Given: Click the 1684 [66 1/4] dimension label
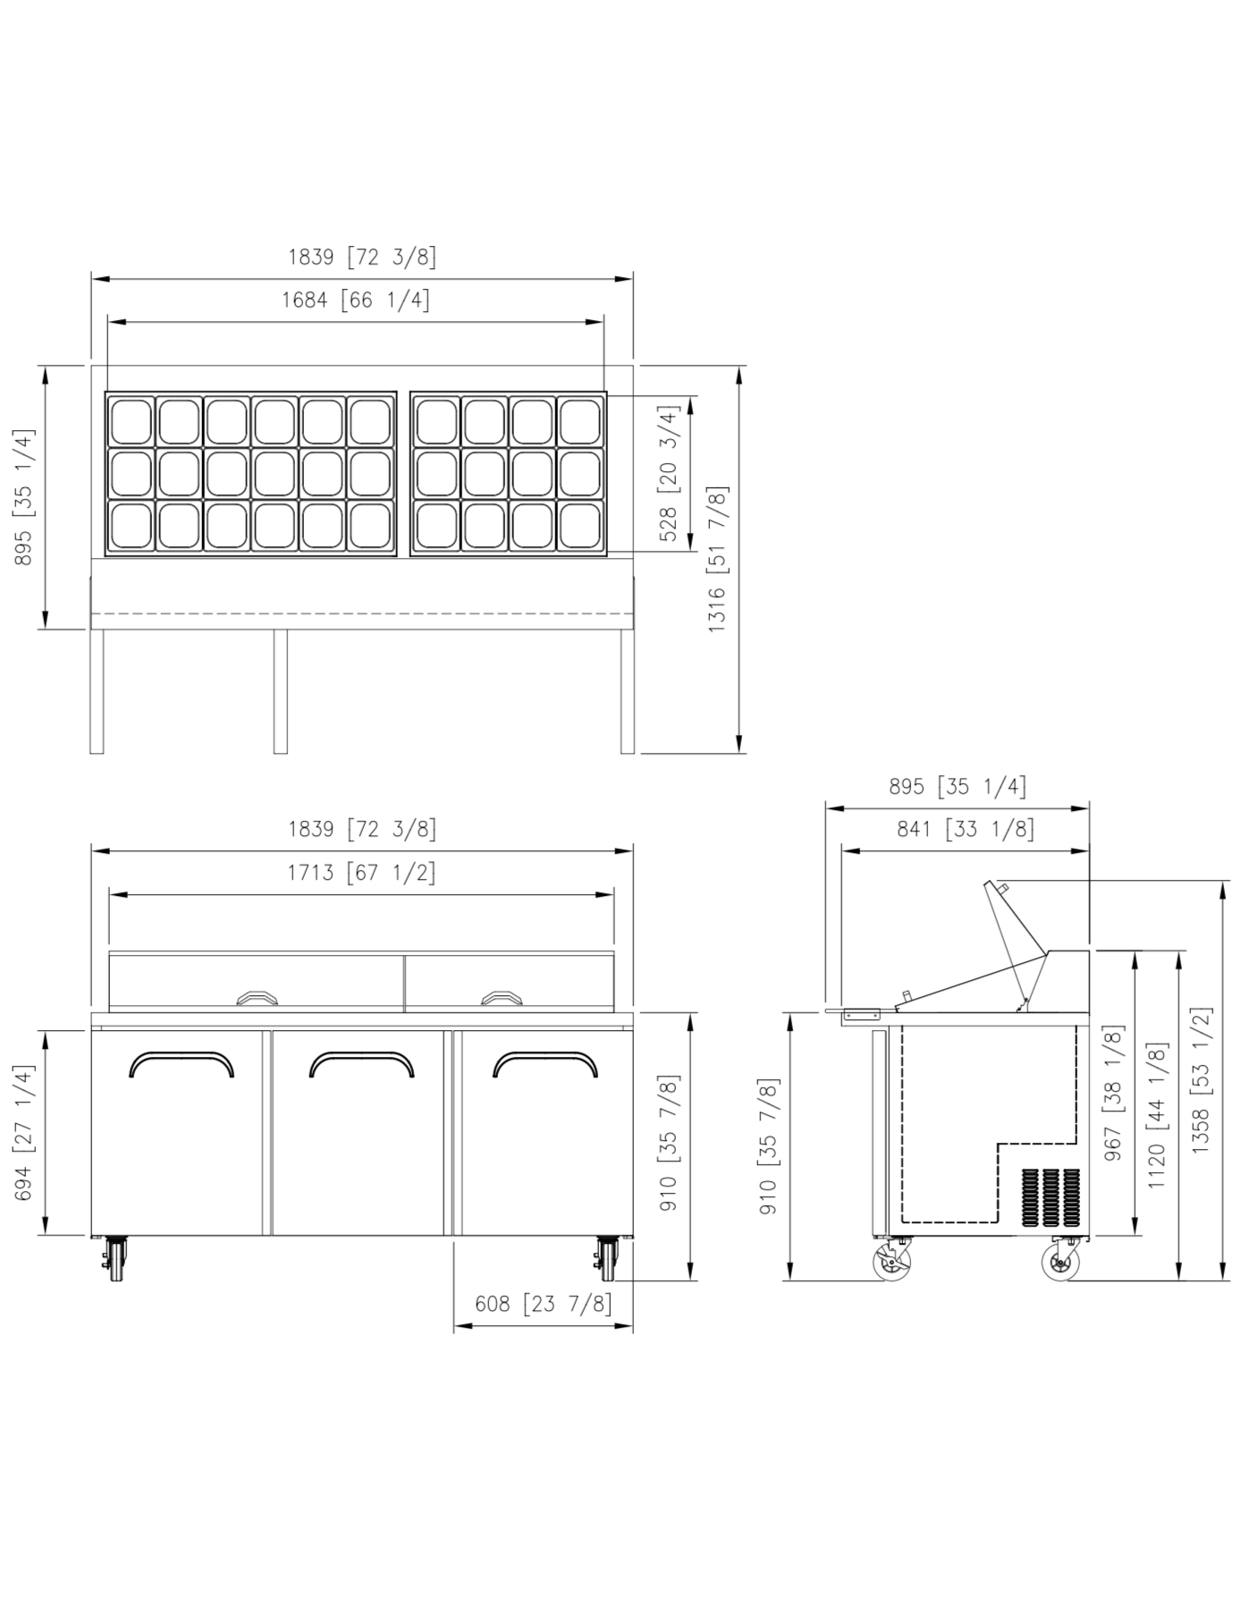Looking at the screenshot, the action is pyautogui.click(x=356, y=300).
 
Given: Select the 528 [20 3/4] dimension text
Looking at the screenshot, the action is pyautogui.click(x=669, y=472).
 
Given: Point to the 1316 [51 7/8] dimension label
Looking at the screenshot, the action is pyautogui.click(x=717, y=560).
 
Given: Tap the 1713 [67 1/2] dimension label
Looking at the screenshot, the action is pyautogui.click(x=361, y=872).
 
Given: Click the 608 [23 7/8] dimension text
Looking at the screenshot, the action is pyautogui.click(x=544, y=1304).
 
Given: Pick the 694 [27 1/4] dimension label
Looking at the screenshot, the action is pyautogui.click(x=24, y=1133).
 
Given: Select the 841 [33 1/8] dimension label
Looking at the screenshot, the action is pyautogui.click(x=966, y=829).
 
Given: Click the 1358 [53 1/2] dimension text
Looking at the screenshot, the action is pyautogui.click(x=1200, y=1080).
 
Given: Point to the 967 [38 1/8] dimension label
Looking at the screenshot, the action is pyautogui.click(x=1113, y=1093).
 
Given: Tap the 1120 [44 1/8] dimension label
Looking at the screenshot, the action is pyautogui.click(x=1157, y=1115).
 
